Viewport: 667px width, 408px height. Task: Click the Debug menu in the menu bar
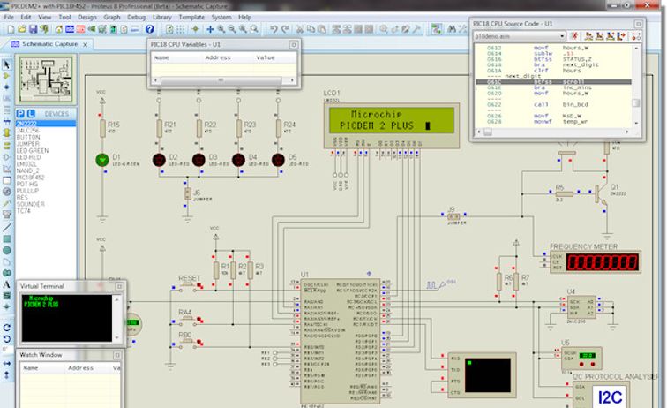pyautogui.click(x=137, y=17)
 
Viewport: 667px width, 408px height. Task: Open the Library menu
pyautogui.click(x=161, y=17)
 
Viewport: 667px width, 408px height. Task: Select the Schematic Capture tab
pyautogui.click(x=49, y=42)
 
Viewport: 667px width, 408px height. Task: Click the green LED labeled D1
pyautogui.click(x=103, y=160)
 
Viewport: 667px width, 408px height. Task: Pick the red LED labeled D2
pyautogui.click(x=160, y=160)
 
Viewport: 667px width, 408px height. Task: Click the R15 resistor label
pyautogui.click(x=113, y=125)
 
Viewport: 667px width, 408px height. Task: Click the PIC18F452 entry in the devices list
pyautogui.click(x=31, y=177)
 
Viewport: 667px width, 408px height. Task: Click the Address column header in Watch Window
pyautogui.click(x=80, y=367)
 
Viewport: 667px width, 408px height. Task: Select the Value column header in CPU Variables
pyautogui.click(x=266, y=57)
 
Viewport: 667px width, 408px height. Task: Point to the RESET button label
pyautogui.click(x=190, y=278)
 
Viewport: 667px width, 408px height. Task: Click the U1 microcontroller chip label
pyautogui.click(x=305, y=275)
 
